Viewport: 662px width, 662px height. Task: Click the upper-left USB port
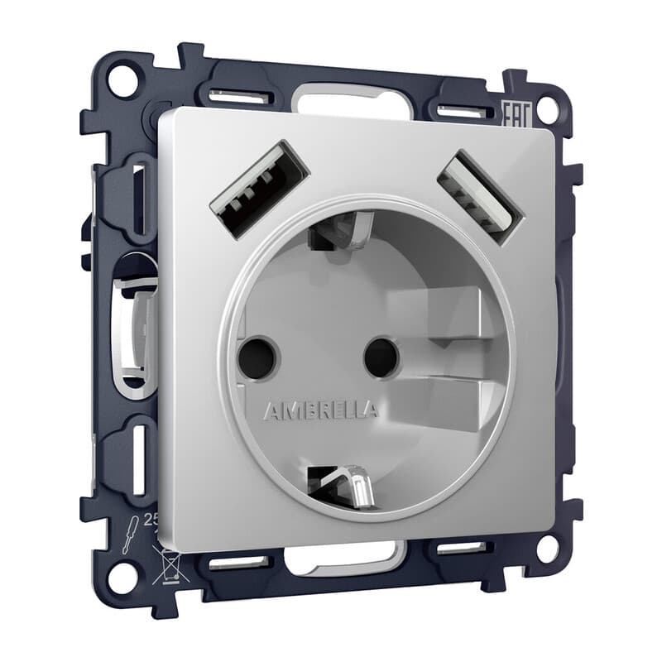(259, 188)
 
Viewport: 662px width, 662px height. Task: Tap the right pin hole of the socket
(381, 356)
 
